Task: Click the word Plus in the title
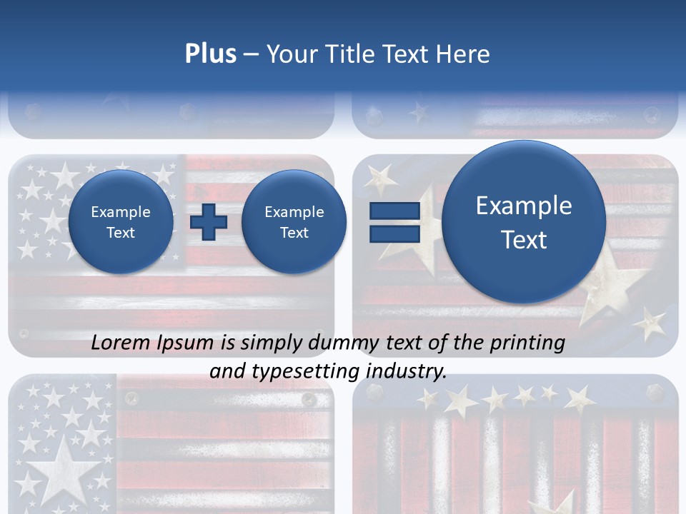pyautogui.click(x=210, y=54)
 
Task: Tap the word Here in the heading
pyautogui.click(x=464, y=54)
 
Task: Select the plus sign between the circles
pyautogui.click(x=209, y=222)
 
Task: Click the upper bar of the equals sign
pyautogui.click(x=394, y=211)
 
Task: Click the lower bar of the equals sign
pyautogui.click(x=394, y=234)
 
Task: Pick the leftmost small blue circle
pyautogui.click(x=121, y=222)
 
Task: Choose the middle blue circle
pyautogui.click(x=294, y=222)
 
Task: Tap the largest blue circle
pyautogui.click(x=524, y=222)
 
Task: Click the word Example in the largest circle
pyautogui.click(x=524, y=206)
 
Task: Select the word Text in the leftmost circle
pyautogui.click(x=121, y=233)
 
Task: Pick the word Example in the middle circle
pyautogui.click(x=294, y=212)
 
